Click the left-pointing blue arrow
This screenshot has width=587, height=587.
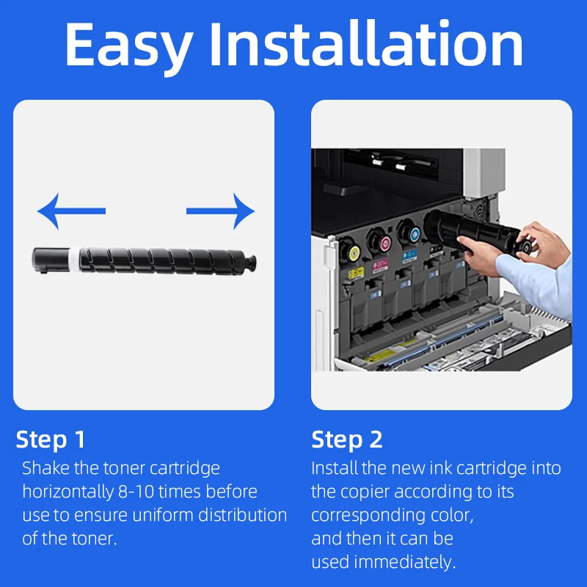[71, 211]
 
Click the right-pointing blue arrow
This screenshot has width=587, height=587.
[221, 211]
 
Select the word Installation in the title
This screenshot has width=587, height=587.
[365, 44]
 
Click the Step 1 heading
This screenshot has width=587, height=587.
[51, 439]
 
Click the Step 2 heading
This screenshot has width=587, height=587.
[347, 439]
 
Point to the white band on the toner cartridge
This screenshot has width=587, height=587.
[75, 259]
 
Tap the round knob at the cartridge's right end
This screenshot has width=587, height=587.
[251, 261]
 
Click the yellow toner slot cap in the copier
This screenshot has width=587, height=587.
[354, 253]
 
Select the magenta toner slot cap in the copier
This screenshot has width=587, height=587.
[385, 244]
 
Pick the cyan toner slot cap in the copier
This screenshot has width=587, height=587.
[415, 235]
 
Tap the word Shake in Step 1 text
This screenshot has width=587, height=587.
[45, 468]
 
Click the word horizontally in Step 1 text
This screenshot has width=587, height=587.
[68, 492]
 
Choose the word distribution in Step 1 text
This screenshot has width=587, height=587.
[243, 515]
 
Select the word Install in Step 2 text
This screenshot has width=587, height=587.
[335, 468]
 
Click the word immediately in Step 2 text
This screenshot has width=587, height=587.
[405, 562]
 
